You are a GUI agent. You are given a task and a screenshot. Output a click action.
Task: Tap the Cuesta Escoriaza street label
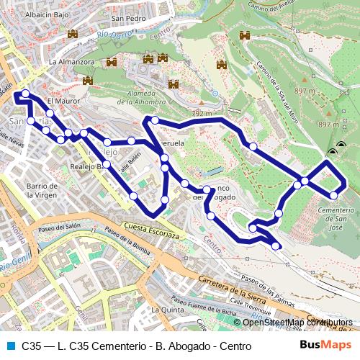click(x=151, y=231)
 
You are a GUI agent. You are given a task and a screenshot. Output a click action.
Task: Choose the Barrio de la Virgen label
click(x=42, y=191)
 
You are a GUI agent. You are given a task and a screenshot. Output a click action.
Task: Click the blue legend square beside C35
click(x=9, y=346)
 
